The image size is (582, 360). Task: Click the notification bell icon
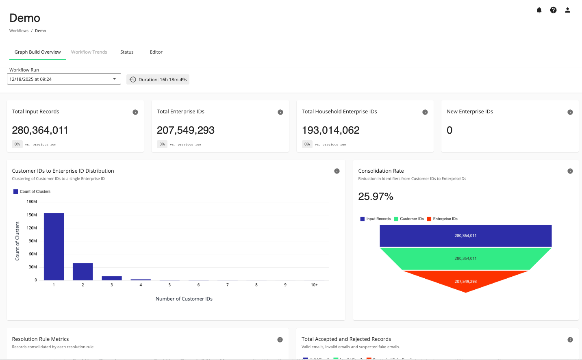(539, 10)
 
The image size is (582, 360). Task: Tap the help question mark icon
(553, 10)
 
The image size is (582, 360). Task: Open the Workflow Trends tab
(89, 52)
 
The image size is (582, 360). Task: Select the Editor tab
(156, 52)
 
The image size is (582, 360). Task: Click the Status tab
(127, 52)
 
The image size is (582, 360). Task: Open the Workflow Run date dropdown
(64, 79)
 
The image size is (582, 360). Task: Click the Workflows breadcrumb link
(19, 31)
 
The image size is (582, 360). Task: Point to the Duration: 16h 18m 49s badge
(158, 80)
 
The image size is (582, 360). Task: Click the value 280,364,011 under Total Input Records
(40, 130)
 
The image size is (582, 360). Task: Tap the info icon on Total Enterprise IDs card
(280, 112)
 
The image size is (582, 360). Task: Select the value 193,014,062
(330, 130)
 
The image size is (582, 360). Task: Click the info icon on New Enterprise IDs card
(570, 112)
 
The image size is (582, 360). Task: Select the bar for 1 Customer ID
(54, 247)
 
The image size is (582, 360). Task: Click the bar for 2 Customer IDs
(83, 271)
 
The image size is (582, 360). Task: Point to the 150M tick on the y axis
(32, 215)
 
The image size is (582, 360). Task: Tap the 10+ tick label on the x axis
(314, 285)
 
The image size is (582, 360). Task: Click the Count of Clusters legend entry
(32, 192)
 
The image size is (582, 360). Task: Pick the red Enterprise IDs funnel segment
(466, 281)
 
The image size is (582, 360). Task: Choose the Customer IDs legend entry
(409, 219)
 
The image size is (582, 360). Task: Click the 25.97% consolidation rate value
(376, 197)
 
